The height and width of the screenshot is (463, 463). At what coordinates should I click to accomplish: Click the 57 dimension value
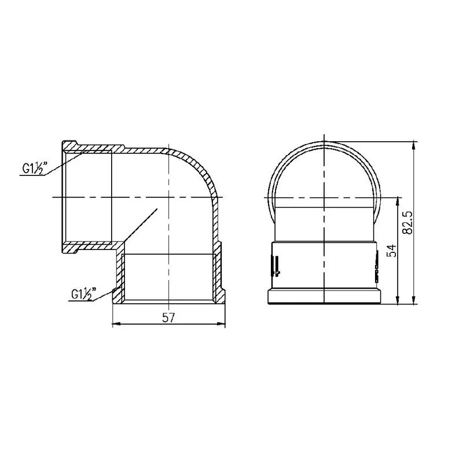[x=168, y=318]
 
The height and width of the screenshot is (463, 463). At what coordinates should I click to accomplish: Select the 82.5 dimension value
[x=409, y=223]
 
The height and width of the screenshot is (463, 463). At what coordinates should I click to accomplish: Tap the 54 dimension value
[x=392, y=251]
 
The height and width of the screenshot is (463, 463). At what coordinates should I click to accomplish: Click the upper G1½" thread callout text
[x=35, y=168]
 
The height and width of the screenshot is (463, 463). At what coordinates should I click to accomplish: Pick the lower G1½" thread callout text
[x=84, y=294]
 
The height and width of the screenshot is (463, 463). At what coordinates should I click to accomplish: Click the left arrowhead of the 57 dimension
[x=117, y=324]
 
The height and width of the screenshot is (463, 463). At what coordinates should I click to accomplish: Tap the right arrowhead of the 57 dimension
[x=221, y=324]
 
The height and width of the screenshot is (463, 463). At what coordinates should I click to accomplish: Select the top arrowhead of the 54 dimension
[x=398, y=201]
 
